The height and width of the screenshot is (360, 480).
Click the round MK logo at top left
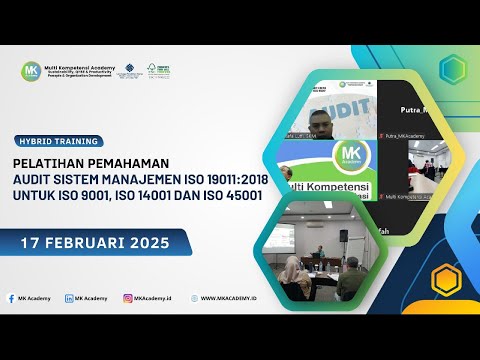(x=30, y=71)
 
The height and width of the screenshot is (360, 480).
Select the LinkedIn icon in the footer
(x=68, y=298)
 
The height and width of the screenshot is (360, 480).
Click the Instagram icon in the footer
(x=128, y=298)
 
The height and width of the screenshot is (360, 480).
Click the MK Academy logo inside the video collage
(x=350, y=154)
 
